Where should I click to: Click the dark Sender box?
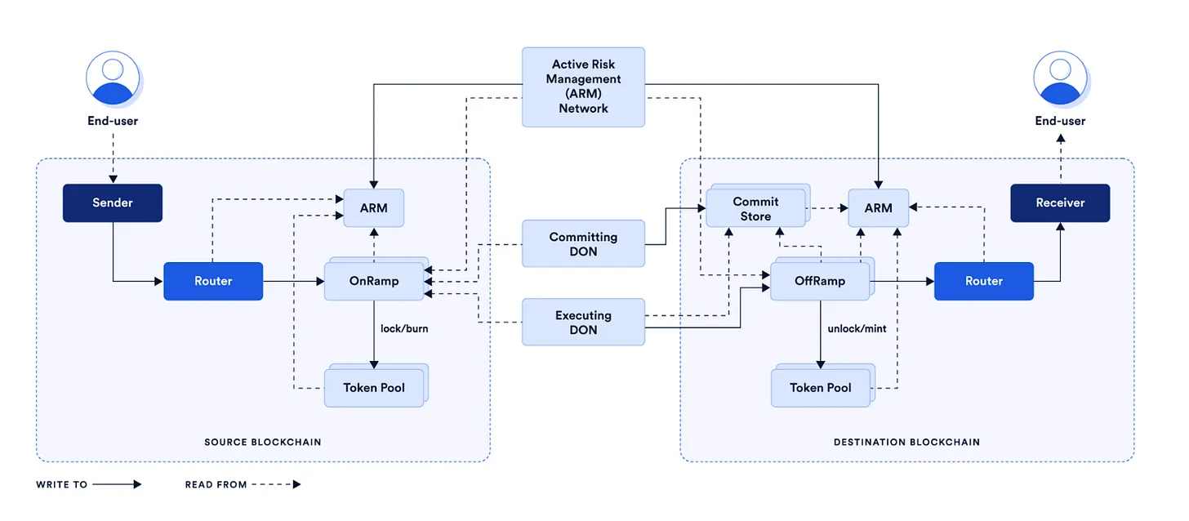tap(113, 203)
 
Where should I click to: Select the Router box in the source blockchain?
tap(213, 281)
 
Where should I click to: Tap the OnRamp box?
tap(374, 281)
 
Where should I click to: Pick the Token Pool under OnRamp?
tap(374, 387)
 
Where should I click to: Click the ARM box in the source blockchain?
tap(374, 208)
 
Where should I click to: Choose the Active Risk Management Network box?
tap(583, 87)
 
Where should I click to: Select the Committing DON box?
tap(583, 244)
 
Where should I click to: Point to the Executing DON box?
tap(583, 323)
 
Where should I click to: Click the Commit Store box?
tap(755, 209)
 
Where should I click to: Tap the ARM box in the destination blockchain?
tap(879, 208)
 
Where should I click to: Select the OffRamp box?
tap(820, 281)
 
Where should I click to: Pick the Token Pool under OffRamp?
tap(820, 387)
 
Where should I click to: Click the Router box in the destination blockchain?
tap(984, 281)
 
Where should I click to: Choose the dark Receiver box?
tap(1060, 203)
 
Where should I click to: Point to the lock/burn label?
tap(404, 329)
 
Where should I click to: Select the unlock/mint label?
tap(857, 329)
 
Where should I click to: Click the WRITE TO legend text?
tap(62, 484)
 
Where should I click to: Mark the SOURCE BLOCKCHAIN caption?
tap(263, 442)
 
